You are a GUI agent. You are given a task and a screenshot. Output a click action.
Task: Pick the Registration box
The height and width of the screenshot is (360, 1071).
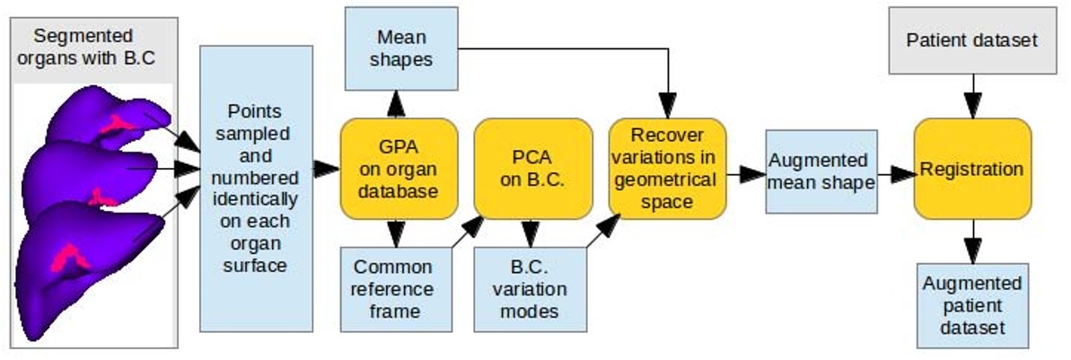pos(972,169)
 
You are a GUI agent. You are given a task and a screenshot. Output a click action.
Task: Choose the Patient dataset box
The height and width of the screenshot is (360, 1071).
pos(971,40)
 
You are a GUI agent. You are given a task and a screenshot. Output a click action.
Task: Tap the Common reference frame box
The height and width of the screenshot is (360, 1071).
pos(393,289)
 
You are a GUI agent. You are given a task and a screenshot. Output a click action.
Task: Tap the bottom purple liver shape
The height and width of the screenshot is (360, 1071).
pos(81,269)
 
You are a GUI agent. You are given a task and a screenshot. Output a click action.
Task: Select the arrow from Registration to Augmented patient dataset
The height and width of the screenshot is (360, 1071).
pos(971,241)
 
